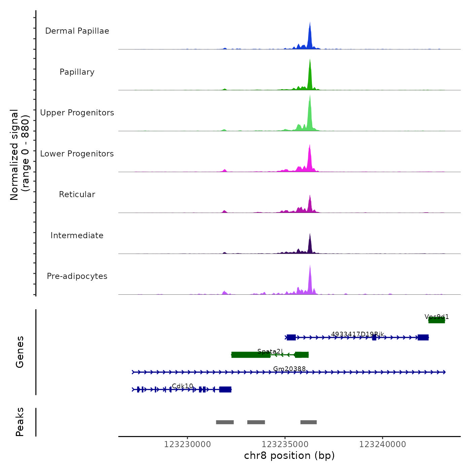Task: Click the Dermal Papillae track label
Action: [x=77, y=31]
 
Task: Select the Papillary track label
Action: [x=77, y=72]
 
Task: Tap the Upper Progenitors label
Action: [x=77, y=113]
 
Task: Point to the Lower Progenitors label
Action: [x=77, y=154]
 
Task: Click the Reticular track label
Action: [x=77, y=194]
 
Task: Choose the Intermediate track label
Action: [x=77, y=235]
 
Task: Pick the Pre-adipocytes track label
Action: [x=77, y=276]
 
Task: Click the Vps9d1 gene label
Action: [x=436, y=317]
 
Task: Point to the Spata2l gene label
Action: [x=270, y=352]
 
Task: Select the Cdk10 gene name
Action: [x=182, y=386]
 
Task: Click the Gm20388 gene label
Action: [x=289, y=369]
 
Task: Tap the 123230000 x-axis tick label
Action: [x=187, y=444]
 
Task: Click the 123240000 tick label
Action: [x=383, y=444]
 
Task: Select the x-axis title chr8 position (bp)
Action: [x=289, y=456]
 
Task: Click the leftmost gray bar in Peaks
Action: [x=225, y=422]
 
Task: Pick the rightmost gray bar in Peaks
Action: [x=309, y=422]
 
